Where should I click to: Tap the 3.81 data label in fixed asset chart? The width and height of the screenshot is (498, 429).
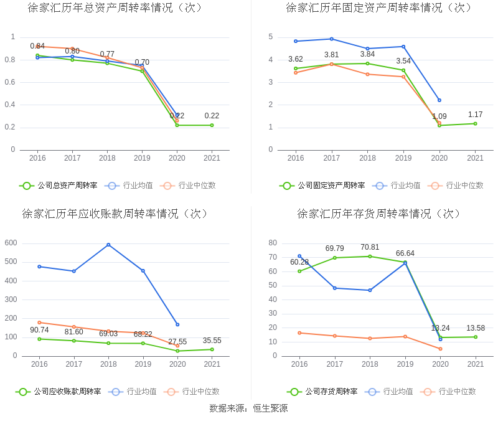pyautogui.click(x=331, y=55)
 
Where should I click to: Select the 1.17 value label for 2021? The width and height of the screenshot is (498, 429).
pyautogui.click(x=476, y=115)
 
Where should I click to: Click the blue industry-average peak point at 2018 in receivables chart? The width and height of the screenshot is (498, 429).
pyautogui.click(x=108, y=245)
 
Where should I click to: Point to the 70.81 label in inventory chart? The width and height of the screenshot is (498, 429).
pyautogui.click(x=370, y=247)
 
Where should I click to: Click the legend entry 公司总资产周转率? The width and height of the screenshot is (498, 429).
pyautogui.click(x=59, y=186)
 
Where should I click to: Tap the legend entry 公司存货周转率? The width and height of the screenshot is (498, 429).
pyautogui.click(x=322, y=392)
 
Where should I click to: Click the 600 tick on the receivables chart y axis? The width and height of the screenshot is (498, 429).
pyautogui.click(x=11, y=243)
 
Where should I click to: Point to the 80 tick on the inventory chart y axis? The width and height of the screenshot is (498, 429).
pyautogui.click(x=273, y=243)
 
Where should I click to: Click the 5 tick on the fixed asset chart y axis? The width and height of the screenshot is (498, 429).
pyautogui.click(x=271, y=37)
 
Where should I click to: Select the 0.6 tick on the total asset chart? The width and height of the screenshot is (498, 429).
pyautogui.click(x=9, y=82)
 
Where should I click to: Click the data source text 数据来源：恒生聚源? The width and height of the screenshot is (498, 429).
pyautogui.click(x=248, y=408)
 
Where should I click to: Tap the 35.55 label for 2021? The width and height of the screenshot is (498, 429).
pyautogui.click(x=212, y=341)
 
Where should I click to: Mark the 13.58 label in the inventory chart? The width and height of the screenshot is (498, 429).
pyautogui.click(x=476, y=328)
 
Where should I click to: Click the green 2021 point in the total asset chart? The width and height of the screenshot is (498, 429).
pyautogui.click(x=212, y=125)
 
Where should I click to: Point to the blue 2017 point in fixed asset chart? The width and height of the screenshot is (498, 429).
pyautogui.click(x=331, y=39)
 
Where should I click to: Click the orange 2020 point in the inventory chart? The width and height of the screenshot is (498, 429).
pyautogui.click(x=440, y=349)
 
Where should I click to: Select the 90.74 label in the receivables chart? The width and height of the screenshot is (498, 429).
pyautogui.click(x=39, y=330)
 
